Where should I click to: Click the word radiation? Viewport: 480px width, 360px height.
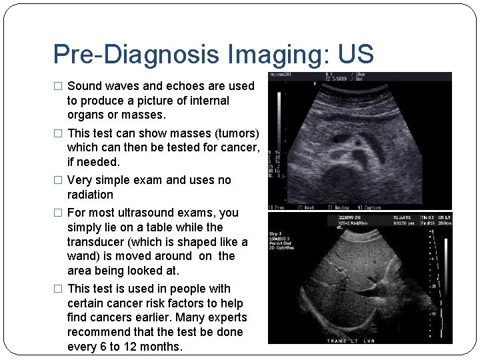click(x=90, y=195)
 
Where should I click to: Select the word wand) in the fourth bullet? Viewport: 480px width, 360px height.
click(x=84, y=256)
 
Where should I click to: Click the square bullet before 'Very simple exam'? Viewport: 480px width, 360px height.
click(x=57, y=181)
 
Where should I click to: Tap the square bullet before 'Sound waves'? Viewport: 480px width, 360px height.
click(x=57, y=87)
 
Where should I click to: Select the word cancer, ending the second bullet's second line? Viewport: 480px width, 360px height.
click(x=236, y=148)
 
